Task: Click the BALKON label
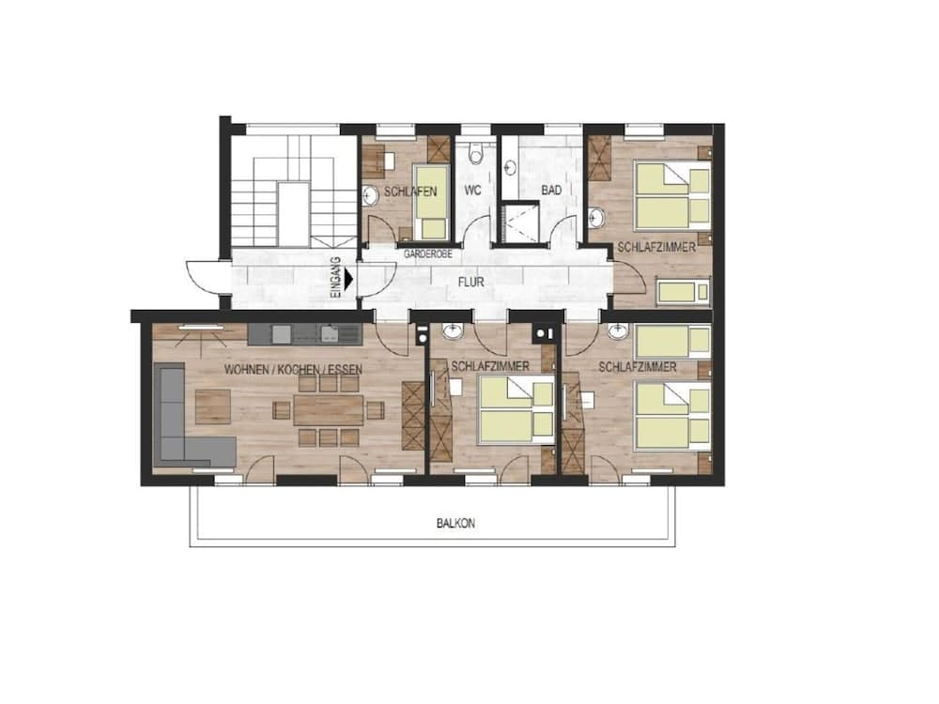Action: (455, 524)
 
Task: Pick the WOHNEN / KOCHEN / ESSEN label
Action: (293, 369)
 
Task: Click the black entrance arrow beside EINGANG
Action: (349, 279)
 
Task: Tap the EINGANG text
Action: (336, 279)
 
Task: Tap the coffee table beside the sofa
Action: (212, 406)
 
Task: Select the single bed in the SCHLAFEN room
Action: (432, 201)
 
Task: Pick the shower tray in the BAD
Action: (517, 223)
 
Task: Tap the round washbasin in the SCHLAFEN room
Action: (370, 194)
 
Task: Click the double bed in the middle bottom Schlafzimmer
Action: (516, 410)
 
